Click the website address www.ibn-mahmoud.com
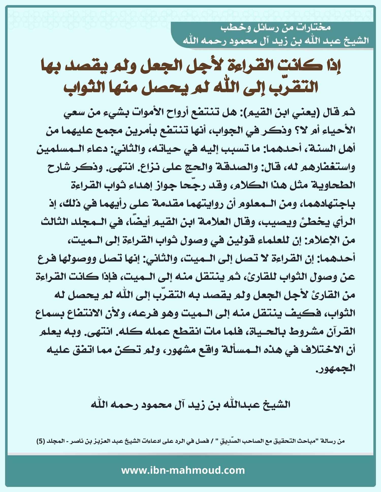tap(183, 470)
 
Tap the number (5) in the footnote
tap(41, 441)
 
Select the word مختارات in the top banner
tap(315, 28)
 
